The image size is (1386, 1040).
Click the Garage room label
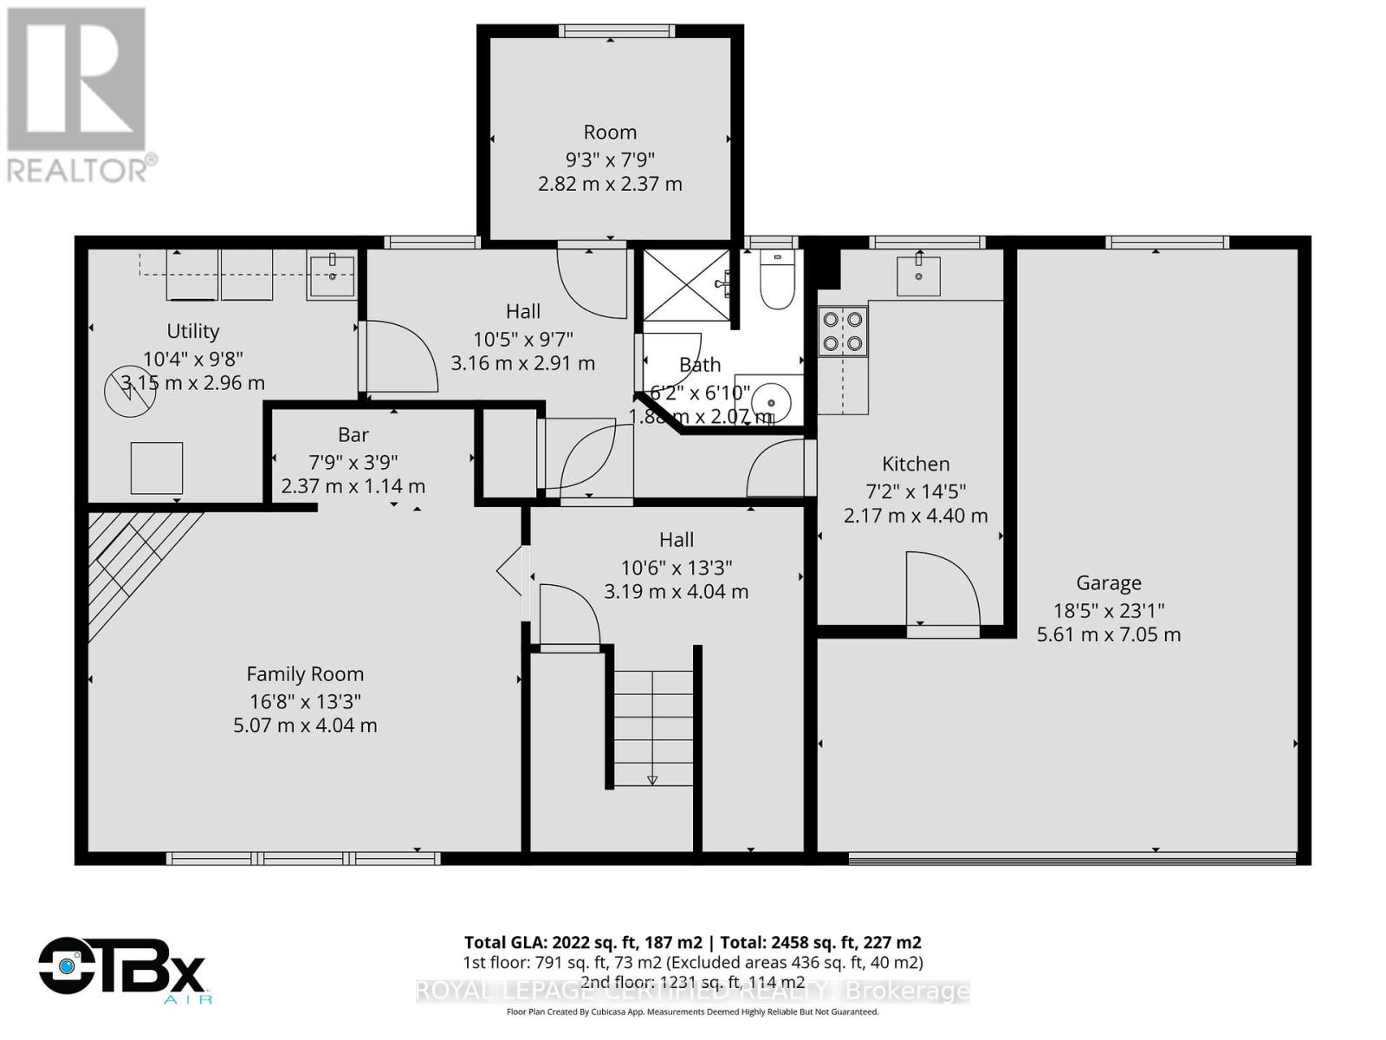[1109, 583]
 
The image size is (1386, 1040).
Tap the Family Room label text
[305, 674]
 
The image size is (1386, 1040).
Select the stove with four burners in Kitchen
[843, 331]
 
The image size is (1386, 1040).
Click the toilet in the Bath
[777, 282]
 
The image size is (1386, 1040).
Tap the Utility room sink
[331, 276]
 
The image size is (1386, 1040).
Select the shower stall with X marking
[687, 285]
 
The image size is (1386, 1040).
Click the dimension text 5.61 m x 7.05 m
[1109, 635]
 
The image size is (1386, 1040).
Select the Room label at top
[610, 133]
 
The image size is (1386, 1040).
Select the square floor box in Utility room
[157, 469]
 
